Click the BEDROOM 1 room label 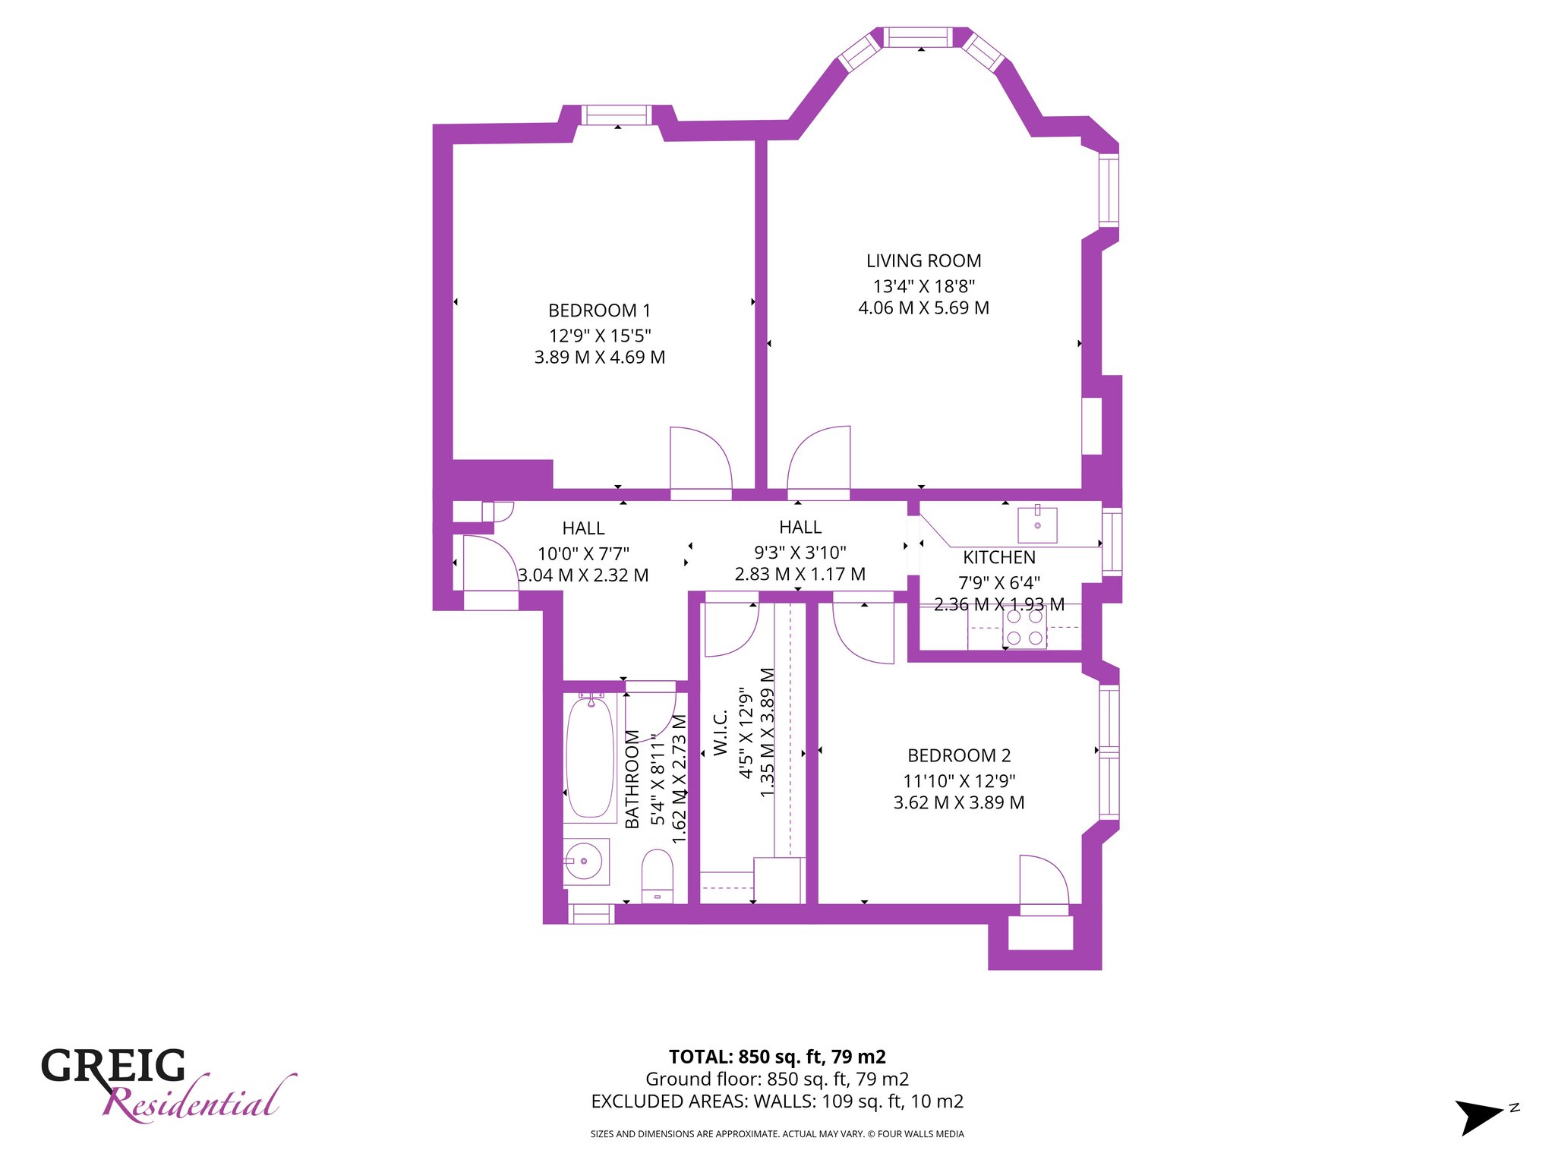[599, 310]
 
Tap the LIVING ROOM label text [923, 261]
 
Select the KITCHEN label [999, 558]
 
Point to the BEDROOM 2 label [959, 756]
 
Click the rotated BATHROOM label [632, 779]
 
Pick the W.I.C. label [721, 733]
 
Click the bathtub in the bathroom [591, 757]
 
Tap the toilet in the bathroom [658, 876]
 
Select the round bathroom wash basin [584, 861]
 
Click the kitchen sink [1037, 525]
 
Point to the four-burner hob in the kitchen [1025, 627]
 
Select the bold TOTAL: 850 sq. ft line [777, 1057]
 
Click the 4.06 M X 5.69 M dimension [923, 308]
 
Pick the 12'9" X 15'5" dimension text [600, 336]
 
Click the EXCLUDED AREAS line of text [777, 1101]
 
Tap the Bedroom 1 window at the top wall [617, 115]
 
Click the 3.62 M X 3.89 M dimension [959, 802]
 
